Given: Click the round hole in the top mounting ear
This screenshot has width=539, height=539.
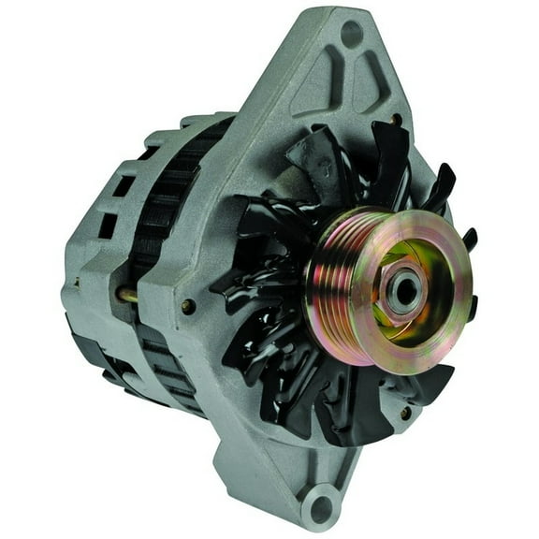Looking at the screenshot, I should pyautogui.click(x=352, y=35).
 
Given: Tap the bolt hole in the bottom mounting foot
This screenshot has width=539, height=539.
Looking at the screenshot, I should pyautogui.click(x=321, y=510).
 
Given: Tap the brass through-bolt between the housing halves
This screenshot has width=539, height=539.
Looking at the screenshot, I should pyautogui.click(x=125, y=295).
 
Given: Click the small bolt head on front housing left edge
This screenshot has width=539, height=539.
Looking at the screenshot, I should pyautogui.click(x=189, y=306).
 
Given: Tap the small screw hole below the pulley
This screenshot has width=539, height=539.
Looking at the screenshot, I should pyautogui.click(x=404, y=413).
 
